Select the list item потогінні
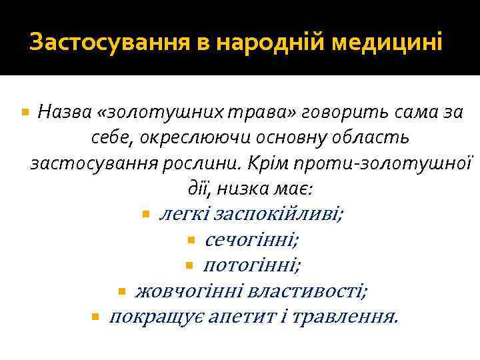(x=251, y=265)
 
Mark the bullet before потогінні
(x=189, y=266)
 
